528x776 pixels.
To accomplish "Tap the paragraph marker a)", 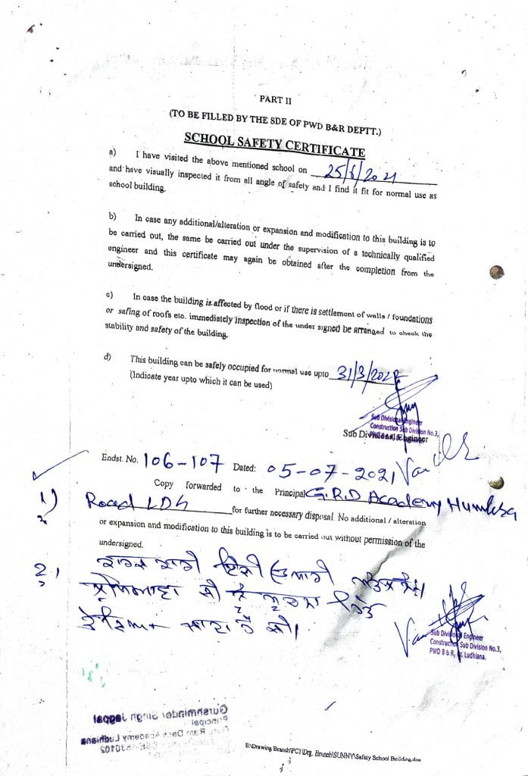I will pos(112,153).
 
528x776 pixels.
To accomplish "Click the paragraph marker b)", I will pos(112,217).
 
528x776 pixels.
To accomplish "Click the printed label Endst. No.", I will pos(119,458).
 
